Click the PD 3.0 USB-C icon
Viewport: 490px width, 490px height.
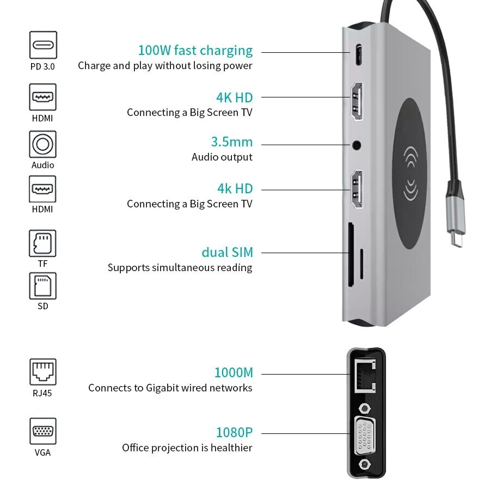tap(43, 45)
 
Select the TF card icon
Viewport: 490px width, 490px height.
tap(42, 243)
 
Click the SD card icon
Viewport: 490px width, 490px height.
tap(42, 286)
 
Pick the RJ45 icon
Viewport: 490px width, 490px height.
tap(42, 372)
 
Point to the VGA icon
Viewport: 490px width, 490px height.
tap(42, 432)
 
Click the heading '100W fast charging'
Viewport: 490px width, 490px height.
tap(195, 51)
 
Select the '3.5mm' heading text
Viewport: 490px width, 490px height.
tap(232, 142)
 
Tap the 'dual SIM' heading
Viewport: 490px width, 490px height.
tap(227, 253)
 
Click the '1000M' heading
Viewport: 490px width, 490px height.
tap(234, 373)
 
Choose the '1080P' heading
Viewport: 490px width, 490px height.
tap(234, 433)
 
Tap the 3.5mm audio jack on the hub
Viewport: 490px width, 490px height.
tap(357, 145)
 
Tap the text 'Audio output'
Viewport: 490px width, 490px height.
tap(222, 157)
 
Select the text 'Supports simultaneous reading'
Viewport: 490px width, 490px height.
tap(180, 268)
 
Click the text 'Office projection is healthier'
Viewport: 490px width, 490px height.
tap(187, 448)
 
